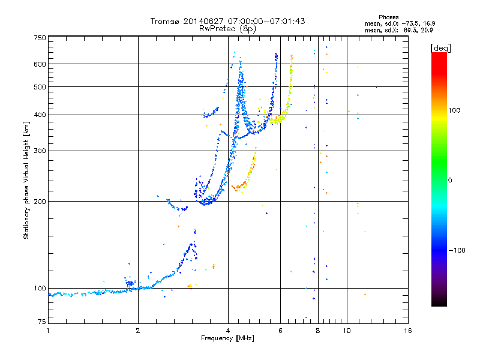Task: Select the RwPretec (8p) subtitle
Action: [x=227, y=29]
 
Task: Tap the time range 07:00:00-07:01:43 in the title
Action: [x=266, y=21]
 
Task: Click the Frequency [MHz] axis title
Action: [x=227, y=338]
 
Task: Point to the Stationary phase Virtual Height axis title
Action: [x=26, y=180]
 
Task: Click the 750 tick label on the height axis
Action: [x=40, y=38]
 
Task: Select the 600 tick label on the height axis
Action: [x=40, y=64]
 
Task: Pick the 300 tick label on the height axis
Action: [x=40, y=151]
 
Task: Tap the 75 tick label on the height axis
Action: [x=42, y=322]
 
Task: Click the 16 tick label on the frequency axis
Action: [x=408, y=331]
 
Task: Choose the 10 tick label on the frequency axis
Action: [x=347, y=331]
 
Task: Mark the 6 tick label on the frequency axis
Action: [x=280, y=331]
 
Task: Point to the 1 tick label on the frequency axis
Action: [x=48, y=331]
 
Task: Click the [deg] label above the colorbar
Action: [x=440, y=48]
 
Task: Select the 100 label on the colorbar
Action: [x=454, y=110]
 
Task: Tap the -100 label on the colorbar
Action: [x=457, y=250]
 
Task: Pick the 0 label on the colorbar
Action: [x=450, y=181]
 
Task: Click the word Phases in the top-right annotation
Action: [x=388, y=17]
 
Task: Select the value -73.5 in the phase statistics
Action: [x=410, y=23]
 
